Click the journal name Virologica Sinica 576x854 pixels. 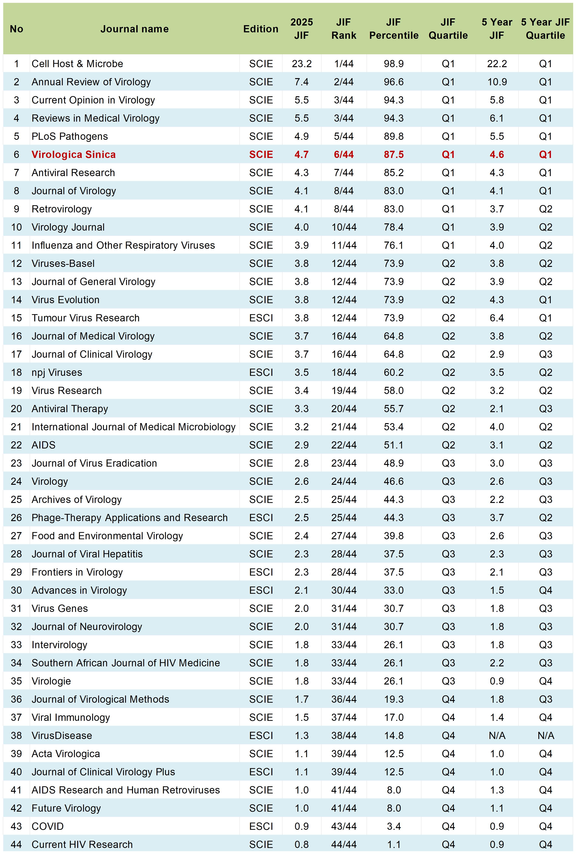click(73, 155)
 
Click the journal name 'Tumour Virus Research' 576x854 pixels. click(86, 318)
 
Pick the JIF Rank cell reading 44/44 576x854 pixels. click(344, 845)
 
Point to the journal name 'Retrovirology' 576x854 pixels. click(62, 209)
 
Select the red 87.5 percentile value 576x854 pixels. click(394, 155)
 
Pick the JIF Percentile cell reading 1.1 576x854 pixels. click(394, 845)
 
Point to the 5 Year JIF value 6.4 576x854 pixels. click(497, 318)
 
